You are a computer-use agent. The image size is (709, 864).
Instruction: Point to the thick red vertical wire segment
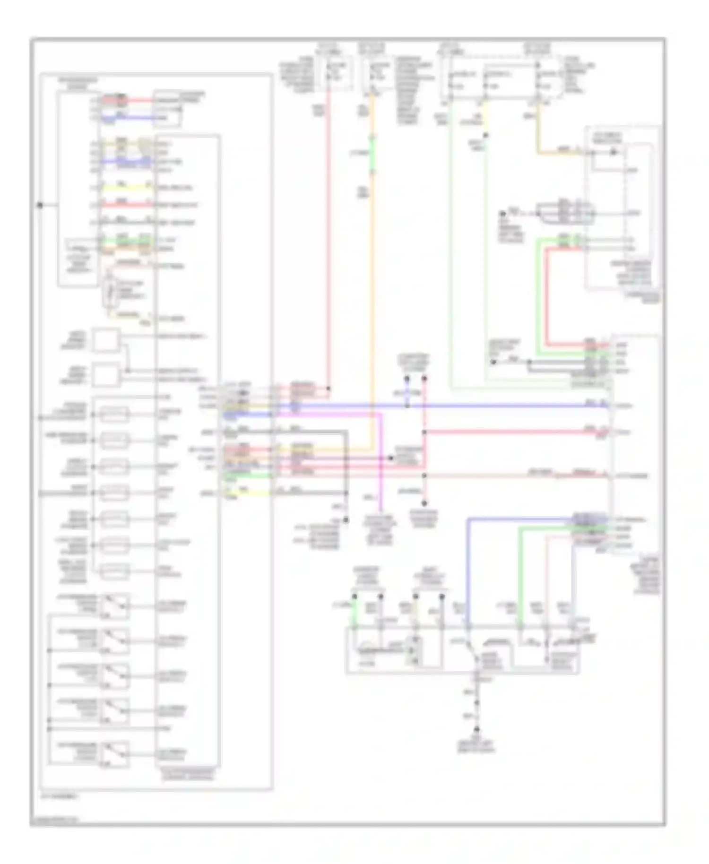point(546,293)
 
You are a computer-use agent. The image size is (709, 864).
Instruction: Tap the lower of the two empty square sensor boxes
point(106,376)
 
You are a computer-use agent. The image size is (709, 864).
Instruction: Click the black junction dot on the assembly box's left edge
point(40,205)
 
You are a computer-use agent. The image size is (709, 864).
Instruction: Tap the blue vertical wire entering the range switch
point(468,572)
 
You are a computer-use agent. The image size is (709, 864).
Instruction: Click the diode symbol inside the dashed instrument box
point(614,152)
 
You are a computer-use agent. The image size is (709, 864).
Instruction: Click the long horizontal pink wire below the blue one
point(510,432)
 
